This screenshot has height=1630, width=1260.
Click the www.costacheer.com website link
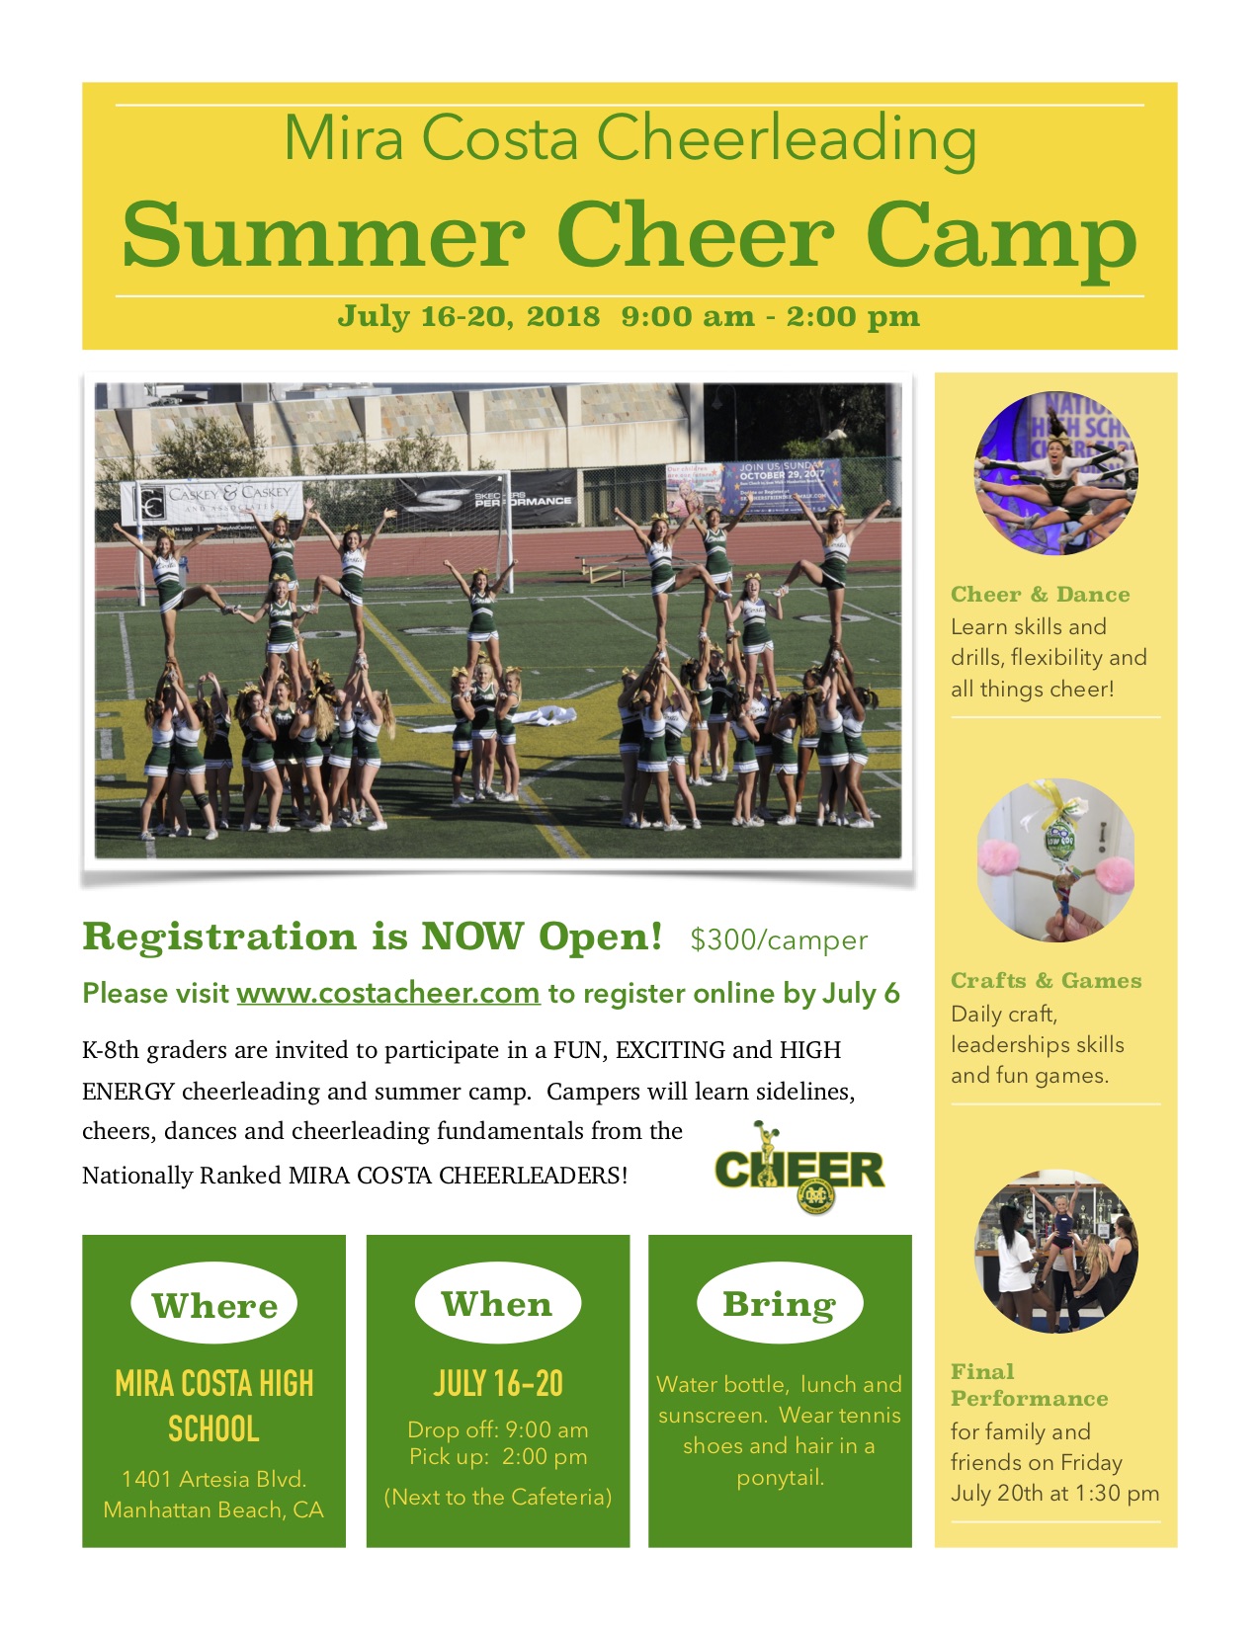coord(388,993)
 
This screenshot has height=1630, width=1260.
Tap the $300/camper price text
coord(779,939)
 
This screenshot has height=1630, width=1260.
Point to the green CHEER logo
coord(799,1170)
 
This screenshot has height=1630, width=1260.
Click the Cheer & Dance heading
coord(1041,594)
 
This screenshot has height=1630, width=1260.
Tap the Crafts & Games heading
coord(1047,980)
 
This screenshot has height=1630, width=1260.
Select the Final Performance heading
coord(1029,1385)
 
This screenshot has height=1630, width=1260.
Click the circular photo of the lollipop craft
coord(1055,860)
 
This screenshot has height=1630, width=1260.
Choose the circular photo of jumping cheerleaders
coord(1055,473)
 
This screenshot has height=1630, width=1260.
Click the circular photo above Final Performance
coord(1055,1252)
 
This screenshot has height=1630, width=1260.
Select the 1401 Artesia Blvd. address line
coord(213,1479)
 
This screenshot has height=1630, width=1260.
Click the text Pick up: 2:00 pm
coord(497,1457)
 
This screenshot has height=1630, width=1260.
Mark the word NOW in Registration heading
coord(472,937)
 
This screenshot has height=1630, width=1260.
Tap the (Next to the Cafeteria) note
coord(497,1498)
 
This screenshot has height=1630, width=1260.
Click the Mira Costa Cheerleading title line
coord(630,138)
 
